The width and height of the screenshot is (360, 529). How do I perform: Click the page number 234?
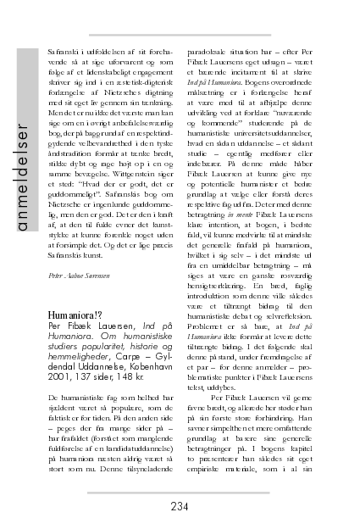click(x=179, y=507)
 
